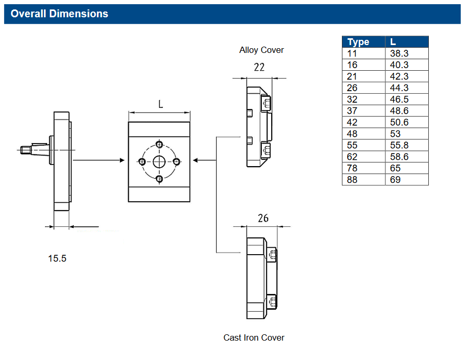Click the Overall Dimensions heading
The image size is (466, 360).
(59, 14)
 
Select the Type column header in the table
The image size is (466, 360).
(359, 42)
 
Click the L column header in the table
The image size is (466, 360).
(393, 42)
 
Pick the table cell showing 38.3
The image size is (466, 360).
(399, 53)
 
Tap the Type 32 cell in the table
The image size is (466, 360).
(352, 100)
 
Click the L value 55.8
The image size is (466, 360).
(399, 145)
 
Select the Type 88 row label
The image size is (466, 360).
(352, 180)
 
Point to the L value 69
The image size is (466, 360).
(395, 180)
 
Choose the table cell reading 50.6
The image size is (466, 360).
(399, 122)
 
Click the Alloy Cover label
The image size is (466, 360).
(261, 50)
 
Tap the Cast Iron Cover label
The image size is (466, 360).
(254, 337)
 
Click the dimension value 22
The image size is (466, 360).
(259, 67)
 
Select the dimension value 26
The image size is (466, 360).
(263, 218)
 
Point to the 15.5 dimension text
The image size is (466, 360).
(58, 258)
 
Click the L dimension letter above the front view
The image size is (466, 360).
(160, 104)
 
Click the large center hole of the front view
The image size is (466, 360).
(159, 161)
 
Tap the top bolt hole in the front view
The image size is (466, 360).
(159, 144)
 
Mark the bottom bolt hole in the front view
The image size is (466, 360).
(159, 179)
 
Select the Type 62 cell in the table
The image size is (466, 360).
(352, 157)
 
